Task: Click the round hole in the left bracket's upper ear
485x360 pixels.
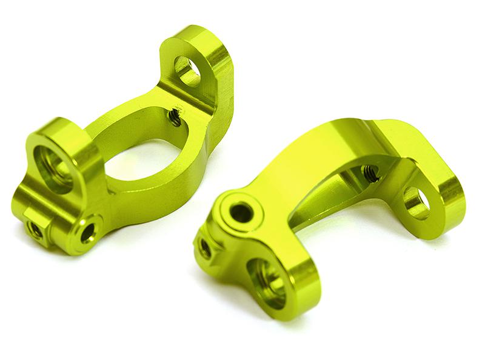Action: pos(187,71)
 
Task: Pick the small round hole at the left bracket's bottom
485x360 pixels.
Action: pos(87,232)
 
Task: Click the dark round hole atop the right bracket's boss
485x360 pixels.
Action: pos(241,212)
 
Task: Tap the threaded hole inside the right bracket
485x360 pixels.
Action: pos(370,173)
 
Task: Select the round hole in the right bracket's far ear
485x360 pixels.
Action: pos(416,203)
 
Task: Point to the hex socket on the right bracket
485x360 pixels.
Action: pos(205,248)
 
